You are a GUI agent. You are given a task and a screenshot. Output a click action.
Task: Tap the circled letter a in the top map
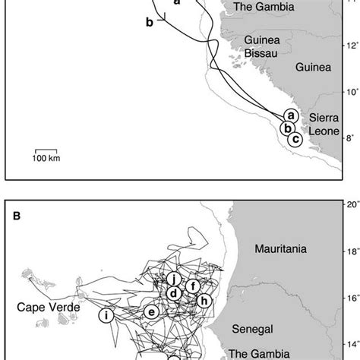[x=289, y=135]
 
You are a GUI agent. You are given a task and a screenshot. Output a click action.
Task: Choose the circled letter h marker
[x=204, y=300]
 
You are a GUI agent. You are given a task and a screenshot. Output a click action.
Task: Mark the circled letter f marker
[x=194, y=286]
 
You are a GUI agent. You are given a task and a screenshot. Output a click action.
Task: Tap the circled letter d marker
[x=174, y=293]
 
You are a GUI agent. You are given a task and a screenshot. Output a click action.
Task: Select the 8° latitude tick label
[x=350, y=161]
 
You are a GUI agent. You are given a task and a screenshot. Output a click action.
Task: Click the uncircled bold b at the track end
[x=150, y=23]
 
